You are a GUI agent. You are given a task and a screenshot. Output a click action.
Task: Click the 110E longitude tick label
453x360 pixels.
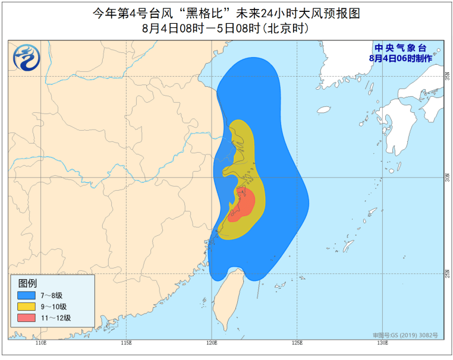point(41,343)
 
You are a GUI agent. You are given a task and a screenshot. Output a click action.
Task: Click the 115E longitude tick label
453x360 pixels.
point(126,343)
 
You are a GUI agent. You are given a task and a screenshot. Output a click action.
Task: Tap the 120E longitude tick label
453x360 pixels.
point(212,343)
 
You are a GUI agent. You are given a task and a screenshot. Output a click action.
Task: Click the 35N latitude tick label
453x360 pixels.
point(447,76)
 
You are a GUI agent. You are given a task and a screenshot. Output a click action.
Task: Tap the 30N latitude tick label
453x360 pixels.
point(447,177)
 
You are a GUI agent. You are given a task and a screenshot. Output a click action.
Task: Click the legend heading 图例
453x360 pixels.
point(27,283)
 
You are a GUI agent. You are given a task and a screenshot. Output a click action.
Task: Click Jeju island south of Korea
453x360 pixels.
point(323,110)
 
